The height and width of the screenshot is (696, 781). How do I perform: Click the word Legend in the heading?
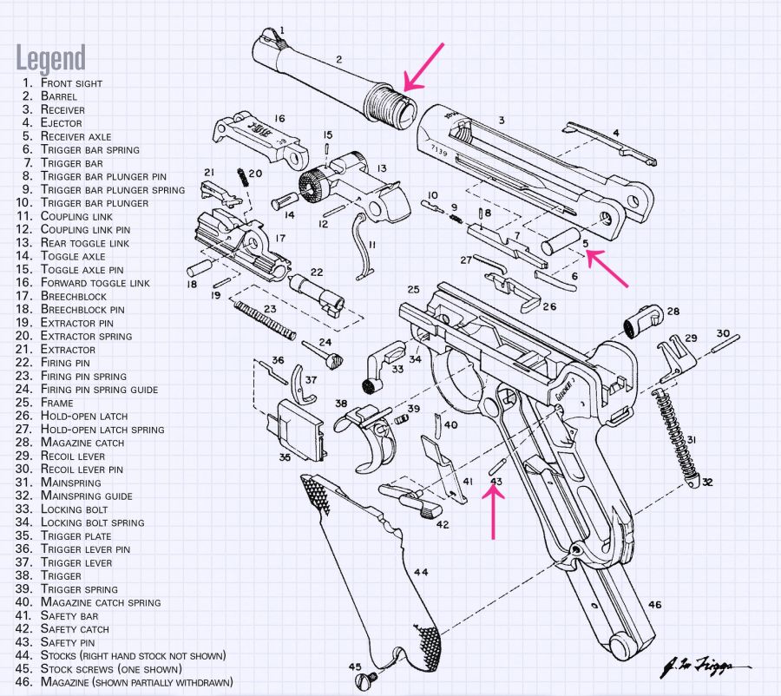click(x=51, y=58)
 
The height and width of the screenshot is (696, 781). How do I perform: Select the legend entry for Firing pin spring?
click(x=83, y=376)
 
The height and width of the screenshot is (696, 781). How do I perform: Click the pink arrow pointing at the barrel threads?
click(x=424, y=66)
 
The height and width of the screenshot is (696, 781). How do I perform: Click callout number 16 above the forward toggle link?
click(x=279, y=119)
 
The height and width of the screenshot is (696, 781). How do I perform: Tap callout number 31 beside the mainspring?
click(x=692, y=440)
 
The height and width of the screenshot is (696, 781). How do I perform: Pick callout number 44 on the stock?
click(x=421, y=572)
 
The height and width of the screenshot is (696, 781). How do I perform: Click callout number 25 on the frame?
click(x=413, y=289)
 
